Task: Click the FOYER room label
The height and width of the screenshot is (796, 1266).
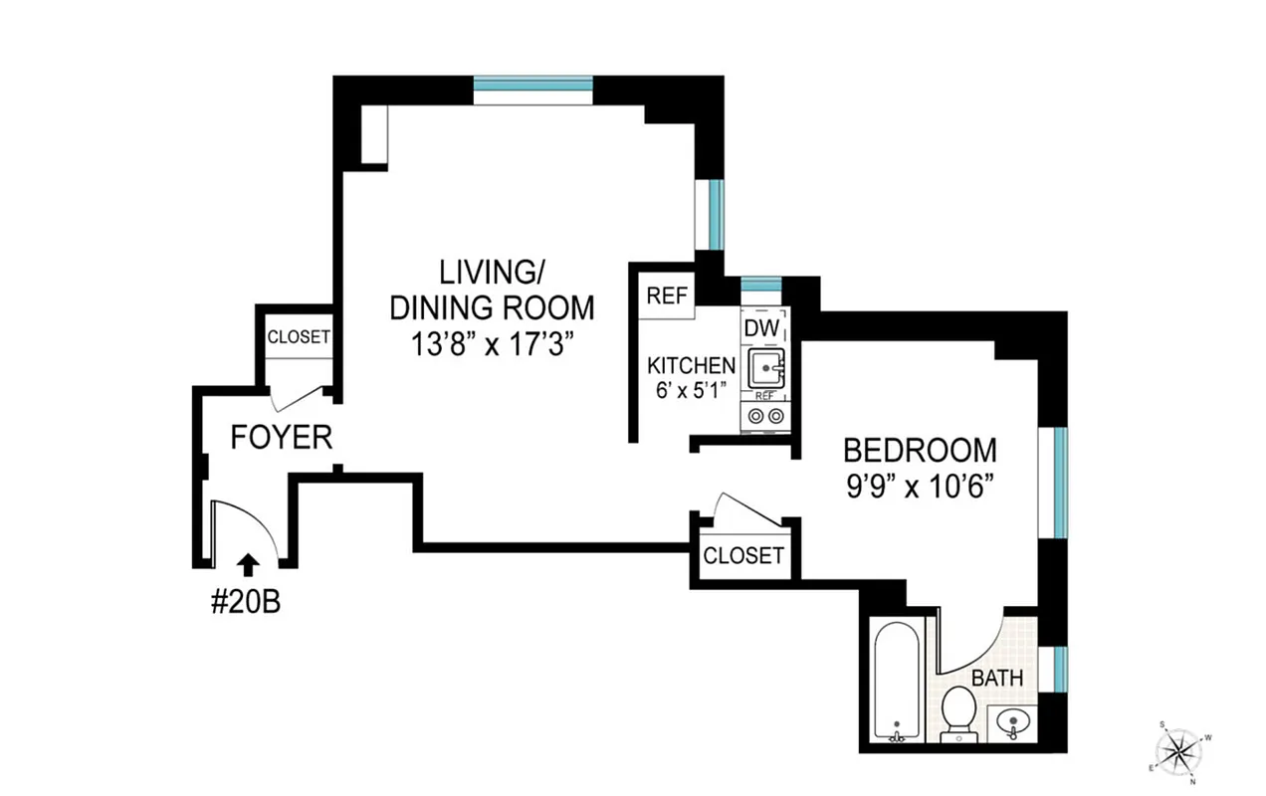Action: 282,437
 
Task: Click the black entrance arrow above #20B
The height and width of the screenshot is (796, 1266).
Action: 249,565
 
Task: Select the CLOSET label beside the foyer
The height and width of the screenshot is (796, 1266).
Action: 299,337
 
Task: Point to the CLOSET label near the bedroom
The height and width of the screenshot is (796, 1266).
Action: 743,555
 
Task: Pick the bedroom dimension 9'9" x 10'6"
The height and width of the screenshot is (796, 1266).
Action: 920,487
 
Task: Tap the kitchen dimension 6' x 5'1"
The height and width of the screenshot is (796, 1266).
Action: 692,390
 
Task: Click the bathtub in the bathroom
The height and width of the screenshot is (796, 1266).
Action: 897,680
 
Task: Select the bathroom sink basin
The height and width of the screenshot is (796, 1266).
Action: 1012,723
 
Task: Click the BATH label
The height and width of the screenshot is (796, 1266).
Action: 996,679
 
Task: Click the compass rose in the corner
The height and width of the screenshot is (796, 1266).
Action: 1180,746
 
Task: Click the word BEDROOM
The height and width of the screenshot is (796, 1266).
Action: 920,450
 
